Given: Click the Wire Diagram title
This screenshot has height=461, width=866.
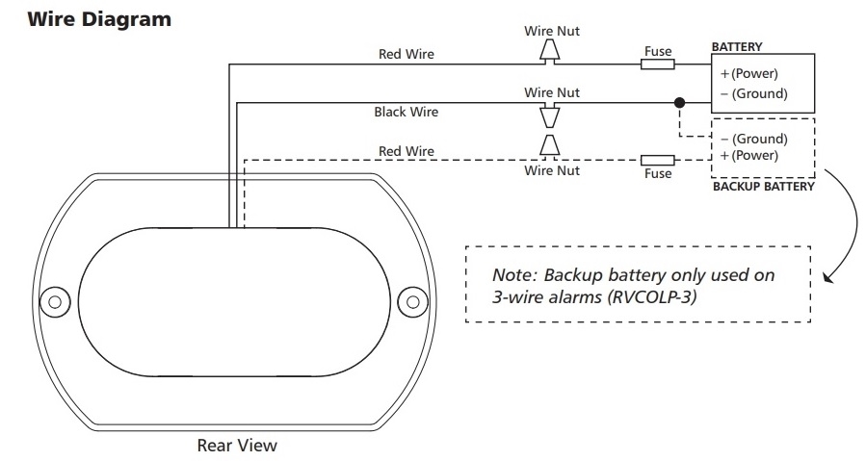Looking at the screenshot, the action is [x=99, y=19].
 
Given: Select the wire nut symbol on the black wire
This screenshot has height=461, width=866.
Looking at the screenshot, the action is [x=549, y=115].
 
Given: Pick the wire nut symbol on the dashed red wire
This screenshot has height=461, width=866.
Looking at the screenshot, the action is [x=549, y=146].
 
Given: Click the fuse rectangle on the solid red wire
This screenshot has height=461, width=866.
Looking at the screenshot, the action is [x=657, y=64].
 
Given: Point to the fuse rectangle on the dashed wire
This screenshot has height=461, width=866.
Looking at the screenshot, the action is [x=657, y=160].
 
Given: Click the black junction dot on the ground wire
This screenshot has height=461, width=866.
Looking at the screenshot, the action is [x=679, y=102].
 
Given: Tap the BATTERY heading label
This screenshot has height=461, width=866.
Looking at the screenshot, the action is [x=737, y=47].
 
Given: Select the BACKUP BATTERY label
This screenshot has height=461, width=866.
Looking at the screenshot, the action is [x=763, y=187].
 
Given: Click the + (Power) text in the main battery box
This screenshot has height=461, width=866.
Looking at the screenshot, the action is [x=748, y=73].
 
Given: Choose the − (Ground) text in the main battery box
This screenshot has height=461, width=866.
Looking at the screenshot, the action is [x=754, y=93].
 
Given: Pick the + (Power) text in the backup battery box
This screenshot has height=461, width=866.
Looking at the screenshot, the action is [x=748, y=155].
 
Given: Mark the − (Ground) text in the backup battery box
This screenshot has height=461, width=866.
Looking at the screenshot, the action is [x=754, y=139].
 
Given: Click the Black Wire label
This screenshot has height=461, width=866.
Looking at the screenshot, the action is [x=406, y=112].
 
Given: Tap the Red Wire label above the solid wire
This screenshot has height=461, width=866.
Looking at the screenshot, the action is [x=406, y=54].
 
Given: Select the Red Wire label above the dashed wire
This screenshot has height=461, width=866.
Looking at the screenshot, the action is [x=406, y=151].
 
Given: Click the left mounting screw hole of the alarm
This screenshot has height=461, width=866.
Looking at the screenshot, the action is [x=55, y=302].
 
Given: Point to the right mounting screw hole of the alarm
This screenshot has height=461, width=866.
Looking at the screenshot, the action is [x=412, y=302].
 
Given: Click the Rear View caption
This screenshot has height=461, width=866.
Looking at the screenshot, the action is [x=237, y=445].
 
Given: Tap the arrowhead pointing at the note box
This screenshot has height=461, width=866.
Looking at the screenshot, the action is [x=827, y=277].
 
